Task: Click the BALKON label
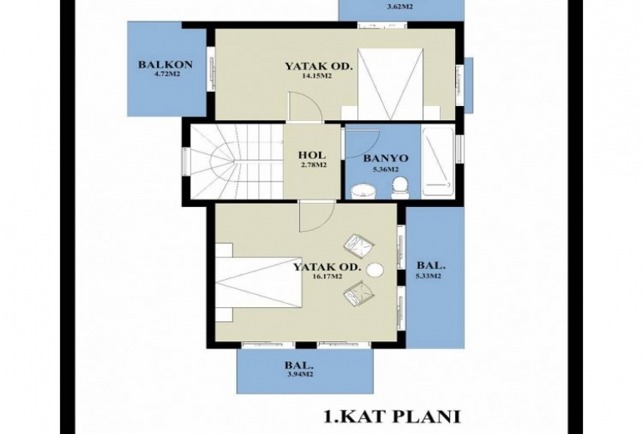coord(165,65)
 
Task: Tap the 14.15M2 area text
coord(316,76)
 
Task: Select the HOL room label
coord(312,155)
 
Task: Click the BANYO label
coord(386,159)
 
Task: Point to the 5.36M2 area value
coord(386,169)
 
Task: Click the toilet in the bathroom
coord(400,188)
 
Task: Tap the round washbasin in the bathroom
coord(364,191)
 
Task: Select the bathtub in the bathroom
coord(438,162)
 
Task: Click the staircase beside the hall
coord(237,161)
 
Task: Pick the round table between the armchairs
coord(375,270)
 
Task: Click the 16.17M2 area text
coord(327,276)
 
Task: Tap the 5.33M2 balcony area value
coord(428,276)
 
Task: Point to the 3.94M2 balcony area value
coord(301,374)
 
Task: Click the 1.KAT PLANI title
coord(392,416)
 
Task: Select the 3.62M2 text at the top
coord(399,7)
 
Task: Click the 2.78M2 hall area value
coord(314,165)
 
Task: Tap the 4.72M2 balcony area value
coord(166,74)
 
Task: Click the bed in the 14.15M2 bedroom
coord(390,84)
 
